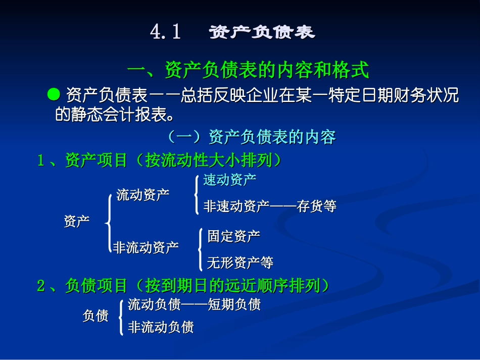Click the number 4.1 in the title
tap(165, 32)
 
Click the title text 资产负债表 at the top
tap(262, 32)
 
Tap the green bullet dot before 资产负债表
tap(53, 94)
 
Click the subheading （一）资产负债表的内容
tap(251, 137)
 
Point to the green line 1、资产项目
tap(160, 160)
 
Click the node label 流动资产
tap(143, 195)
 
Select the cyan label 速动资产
tap(230, 179)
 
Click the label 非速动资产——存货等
tap(270, 206)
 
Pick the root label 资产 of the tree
tap(77, 221)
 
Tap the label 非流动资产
tap(146, 247)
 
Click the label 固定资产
tap(234, 236)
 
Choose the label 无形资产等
tap(241, 263)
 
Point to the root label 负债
tap(95, 316)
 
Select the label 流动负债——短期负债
tap(195, 304)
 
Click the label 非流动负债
tap(161, 327)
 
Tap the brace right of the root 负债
tap(121, 317)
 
